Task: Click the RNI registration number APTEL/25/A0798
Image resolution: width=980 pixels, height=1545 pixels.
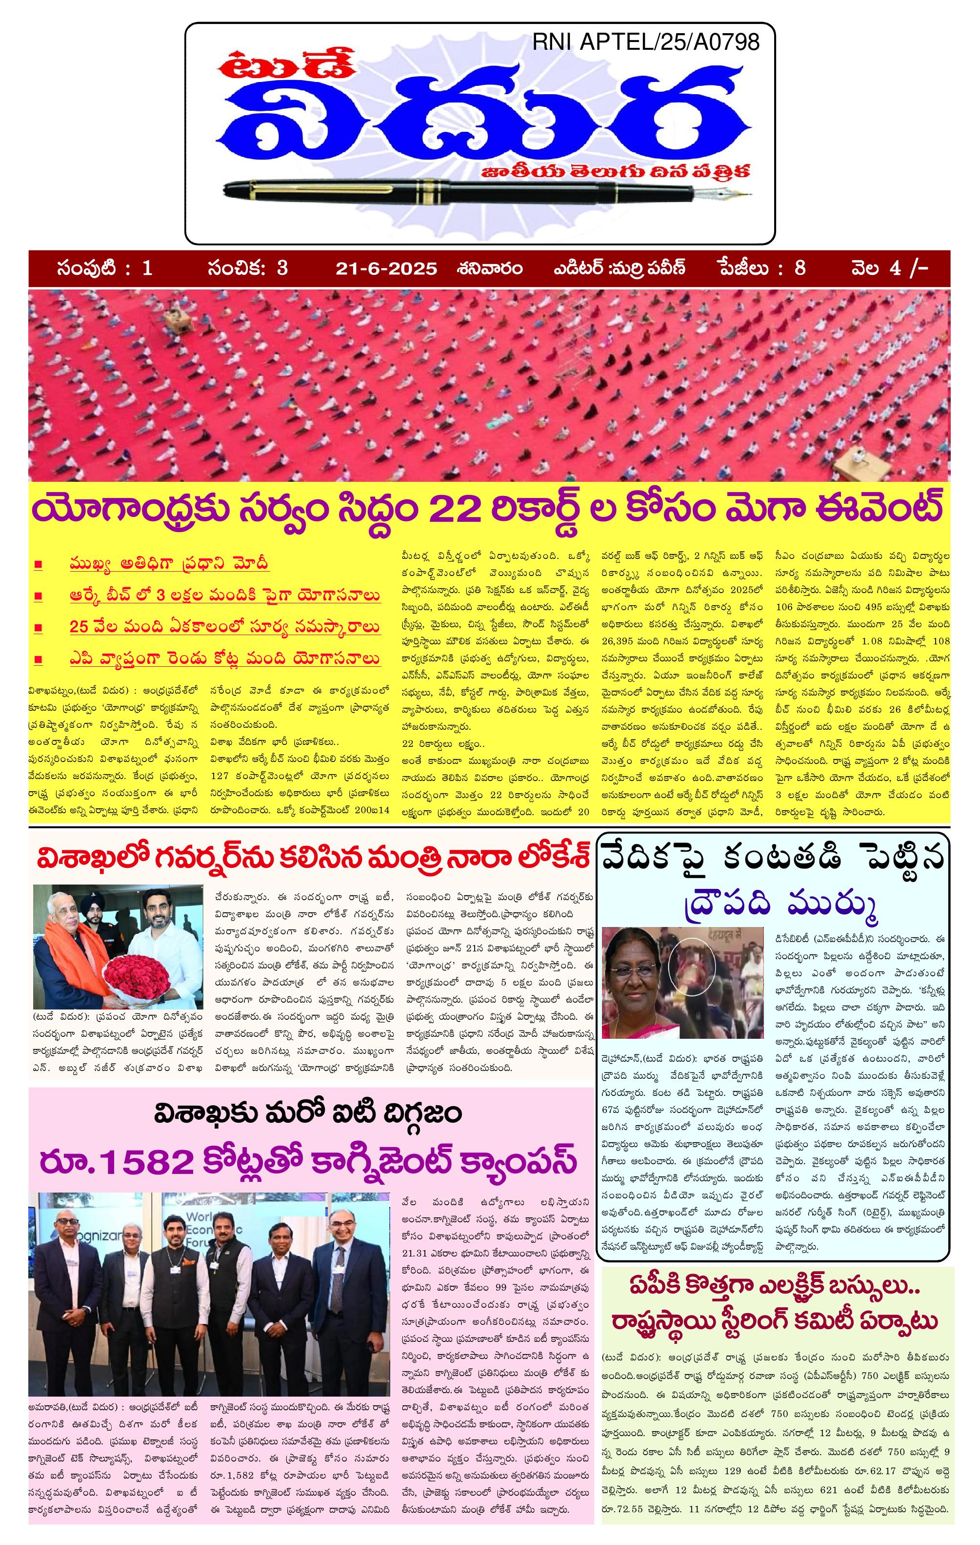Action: pyautogui.click(x=646, y=42)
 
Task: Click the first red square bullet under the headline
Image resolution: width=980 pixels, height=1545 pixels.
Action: pyautogui.click(x=39, y=565)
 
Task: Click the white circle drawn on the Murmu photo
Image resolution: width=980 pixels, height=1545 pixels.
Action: pyautogui.click(x=691, y=966)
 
